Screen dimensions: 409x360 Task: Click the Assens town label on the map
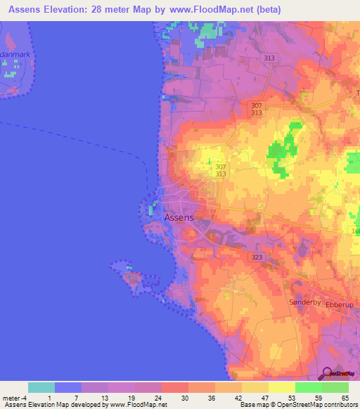179,218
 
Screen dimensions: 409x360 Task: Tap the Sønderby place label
305,302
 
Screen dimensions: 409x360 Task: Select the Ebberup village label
340,304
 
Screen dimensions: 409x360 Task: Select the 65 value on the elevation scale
345,398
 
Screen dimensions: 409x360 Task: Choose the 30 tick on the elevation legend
184,398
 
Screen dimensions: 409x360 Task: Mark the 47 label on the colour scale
264,398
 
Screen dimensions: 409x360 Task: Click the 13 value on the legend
104,398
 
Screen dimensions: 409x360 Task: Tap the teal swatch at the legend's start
41,387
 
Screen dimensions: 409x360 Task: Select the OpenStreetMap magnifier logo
325,374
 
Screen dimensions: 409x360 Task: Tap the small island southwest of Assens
131,275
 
